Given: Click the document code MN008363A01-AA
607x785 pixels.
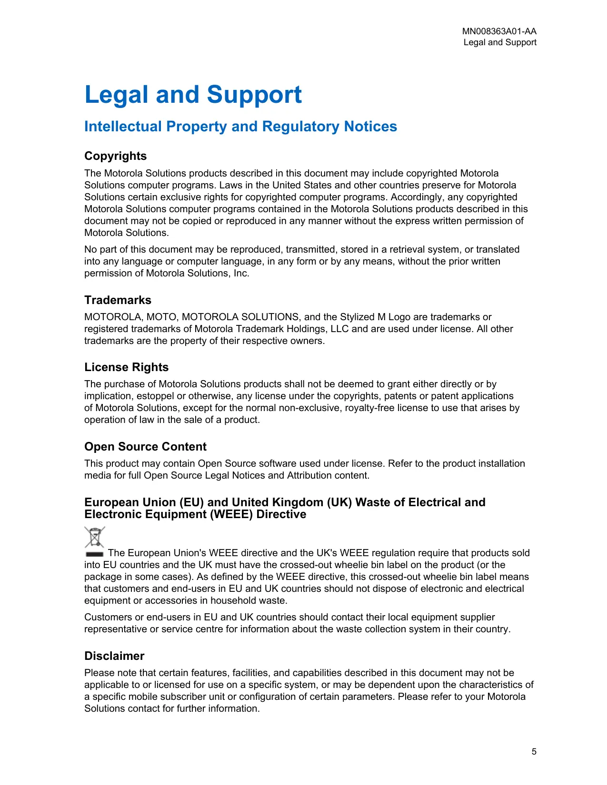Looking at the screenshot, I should point(499,31).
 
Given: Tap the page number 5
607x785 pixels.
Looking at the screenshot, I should point(534,752).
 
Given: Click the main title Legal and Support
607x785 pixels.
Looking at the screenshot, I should point(193,95).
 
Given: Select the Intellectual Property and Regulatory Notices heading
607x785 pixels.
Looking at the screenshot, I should point(240,127).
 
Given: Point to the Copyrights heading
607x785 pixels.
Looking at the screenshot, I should point(115,156).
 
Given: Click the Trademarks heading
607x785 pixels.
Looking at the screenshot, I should point(118,300).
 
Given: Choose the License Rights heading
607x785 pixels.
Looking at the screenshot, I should point(126,367).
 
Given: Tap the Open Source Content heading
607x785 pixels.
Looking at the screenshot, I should point(145,447).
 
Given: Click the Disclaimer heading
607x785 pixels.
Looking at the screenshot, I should point(114,656).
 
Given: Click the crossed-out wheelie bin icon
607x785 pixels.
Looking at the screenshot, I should point(95,537).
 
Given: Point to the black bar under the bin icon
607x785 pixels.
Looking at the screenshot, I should point(95,554).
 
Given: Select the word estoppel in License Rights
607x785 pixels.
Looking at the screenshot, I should point(155,396).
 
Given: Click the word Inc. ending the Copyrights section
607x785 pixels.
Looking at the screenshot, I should point(241,274).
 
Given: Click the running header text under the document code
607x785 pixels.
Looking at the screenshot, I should point(500,42).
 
